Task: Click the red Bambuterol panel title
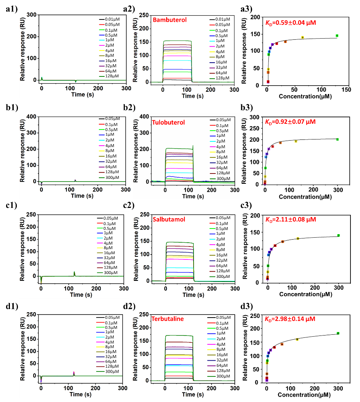click(170, 20)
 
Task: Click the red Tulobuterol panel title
click(168, 123)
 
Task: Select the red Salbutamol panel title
click(169, 219)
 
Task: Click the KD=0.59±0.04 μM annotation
click(291, 23)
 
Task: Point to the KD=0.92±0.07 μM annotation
click(291, 122)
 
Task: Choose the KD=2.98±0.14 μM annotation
click(291, 318)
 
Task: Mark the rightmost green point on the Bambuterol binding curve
click(337, 36)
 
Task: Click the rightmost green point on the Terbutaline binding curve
click(338, 333)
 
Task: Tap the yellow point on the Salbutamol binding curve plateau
click(298, 238)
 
